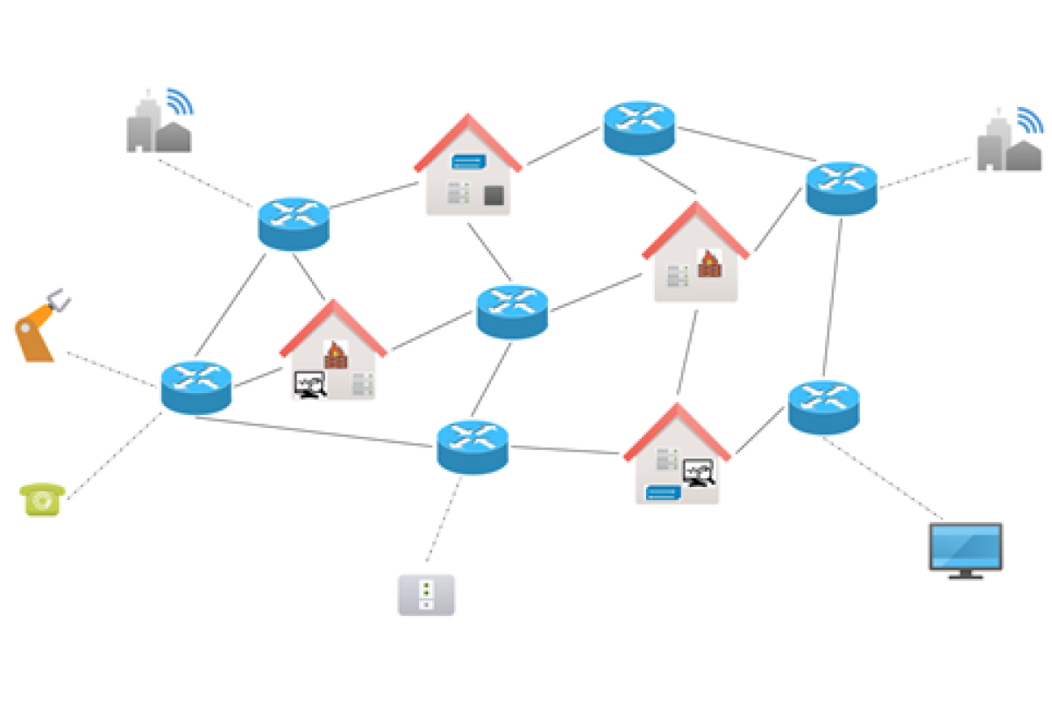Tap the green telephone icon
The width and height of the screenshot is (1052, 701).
(x=41, y=499)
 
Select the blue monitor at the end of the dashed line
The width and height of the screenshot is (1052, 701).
(x=965, y=547)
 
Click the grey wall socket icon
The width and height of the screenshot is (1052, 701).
(x=426, y=594)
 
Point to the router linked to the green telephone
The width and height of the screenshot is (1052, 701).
(x=196, y=386)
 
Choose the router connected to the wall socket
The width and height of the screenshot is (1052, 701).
(x=473, y=446)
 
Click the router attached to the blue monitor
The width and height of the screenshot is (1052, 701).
(x=823, y=406)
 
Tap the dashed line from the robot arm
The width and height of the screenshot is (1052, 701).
(x=112, y=368)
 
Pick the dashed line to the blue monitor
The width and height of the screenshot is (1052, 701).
(x=881, y=478)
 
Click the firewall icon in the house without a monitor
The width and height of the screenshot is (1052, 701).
(x=708, y=262)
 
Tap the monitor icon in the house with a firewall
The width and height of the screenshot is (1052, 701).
(x=309, y=384)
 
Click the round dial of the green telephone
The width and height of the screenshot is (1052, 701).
(x=41, y=501)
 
